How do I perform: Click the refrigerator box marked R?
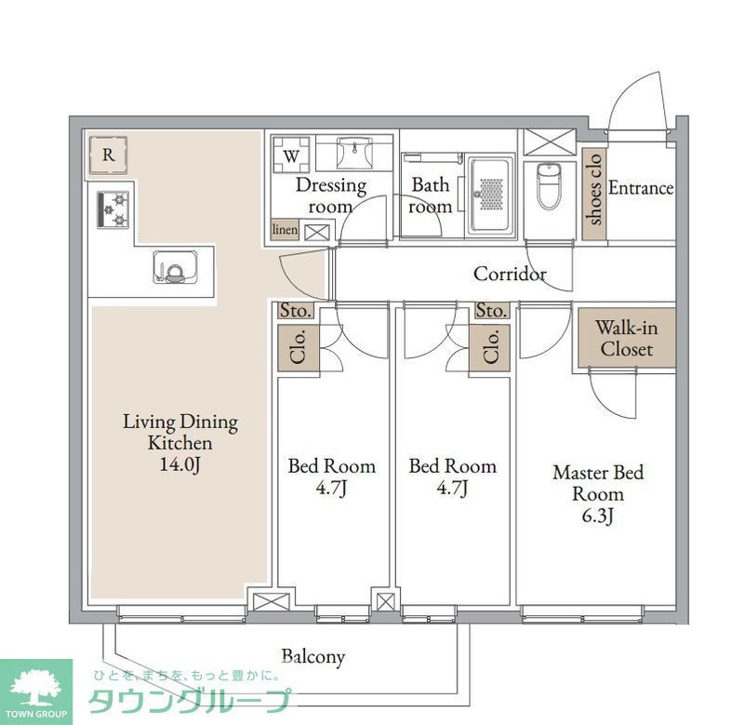click(x=109, y=156)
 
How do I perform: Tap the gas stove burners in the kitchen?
click(x=114, y=209)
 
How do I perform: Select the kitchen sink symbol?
click(x=175, y=267)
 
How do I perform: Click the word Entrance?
click(x=640, y=188)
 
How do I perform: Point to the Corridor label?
click(x=509, y=275)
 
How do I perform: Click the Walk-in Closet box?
click(x=625, y=338)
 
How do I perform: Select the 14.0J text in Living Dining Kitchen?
click(x=179, y=465)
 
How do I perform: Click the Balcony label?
click(x=312, y=657)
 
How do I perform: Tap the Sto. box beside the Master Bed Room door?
click(x=491, y=311)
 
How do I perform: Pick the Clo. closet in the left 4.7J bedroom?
click(x=299, y=349)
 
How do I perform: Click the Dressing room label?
click(x=330, y=195)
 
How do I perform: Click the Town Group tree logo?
click(x=35, y=687)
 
